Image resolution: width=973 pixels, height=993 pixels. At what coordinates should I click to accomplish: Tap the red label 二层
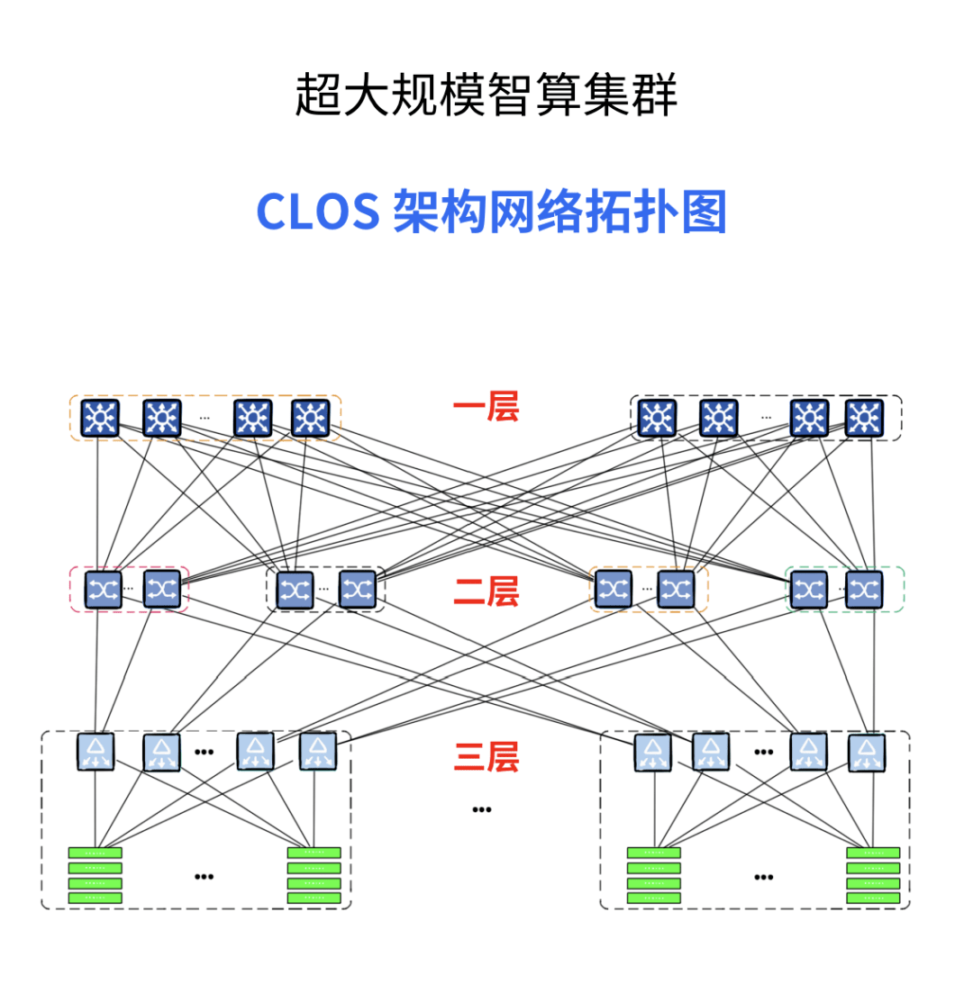click(x=486, y=591)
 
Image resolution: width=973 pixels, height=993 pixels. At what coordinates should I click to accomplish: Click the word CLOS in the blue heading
click(x=317, y=212)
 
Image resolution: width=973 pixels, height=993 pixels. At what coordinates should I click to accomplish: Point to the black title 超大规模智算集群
click(x=486, y=95)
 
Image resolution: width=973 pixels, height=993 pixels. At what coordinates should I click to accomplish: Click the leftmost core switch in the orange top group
click(x=100, y=419)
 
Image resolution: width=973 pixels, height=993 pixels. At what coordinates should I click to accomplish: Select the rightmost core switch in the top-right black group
click(x=864, y=419)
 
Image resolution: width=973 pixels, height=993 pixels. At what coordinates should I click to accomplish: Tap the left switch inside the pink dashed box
click(x=103, y=590)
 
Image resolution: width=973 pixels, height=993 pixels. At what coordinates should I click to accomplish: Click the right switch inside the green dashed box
click(x=864, y=590)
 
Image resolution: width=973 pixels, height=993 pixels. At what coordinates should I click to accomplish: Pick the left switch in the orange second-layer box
click(x=613, y=589)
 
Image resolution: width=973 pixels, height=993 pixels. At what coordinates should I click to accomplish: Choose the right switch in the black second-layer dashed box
click(x=357, y=590)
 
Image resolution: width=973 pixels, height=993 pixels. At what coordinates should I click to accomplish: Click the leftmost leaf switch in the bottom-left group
click(x=95, y=752)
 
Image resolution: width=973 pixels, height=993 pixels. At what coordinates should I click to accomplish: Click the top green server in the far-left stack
click(x=95, y=853)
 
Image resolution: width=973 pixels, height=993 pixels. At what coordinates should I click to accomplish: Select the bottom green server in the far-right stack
click(x=872, y=898)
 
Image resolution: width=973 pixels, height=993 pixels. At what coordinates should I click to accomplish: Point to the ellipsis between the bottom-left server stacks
click(x=205, y=876)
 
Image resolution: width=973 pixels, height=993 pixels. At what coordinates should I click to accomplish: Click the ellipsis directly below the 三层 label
click(x=482, y=809)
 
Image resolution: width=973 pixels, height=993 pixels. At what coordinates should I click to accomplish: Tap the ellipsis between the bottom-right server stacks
click(x=764, y=876)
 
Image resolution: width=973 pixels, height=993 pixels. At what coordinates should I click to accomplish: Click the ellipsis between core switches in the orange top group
click(x=205, y=418)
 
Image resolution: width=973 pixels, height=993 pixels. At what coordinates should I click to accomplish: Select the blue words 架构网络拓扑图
click(x=559, y=212)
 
